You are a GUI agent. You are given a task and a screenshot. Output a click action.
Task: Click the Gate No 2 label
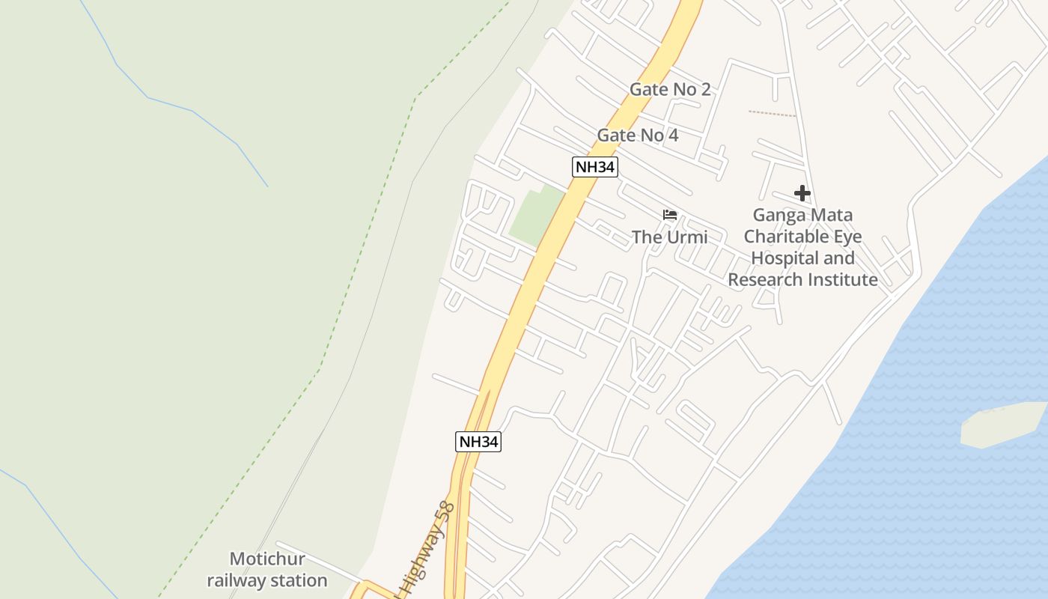click(669, 89)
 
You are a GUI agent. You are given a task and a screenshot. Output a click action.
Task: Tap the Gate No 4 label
click(637, 136)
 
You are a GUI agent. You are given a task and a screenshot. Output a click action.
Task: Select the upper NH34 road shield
click(594, 167)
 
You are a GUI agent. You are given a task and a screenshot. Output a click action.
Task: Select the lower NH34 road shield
click(478, 442)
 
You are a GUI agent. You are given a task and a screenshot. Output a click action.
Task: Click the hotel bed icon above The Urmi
click(669, 216)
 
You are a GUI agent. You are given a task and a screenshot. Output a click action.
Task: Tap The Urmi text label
click(669, 237)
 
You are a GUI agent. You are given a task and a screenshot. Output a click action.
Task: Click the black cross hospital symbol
click(802, 193)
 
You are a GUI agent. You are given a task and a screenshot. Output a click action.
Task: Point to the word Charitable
click(791, 237)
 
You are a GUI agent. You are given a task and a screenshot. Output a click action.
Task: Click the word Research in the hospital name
click(764, 280)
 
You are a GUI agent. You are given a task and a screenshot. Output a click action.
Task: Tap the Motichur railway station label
click(267, 570)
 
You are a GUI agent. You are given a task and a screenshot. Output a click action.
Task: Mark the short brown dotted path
click(772, 114)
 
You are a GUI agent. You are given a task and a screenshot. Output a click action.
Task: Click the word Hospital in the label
click(782, 258)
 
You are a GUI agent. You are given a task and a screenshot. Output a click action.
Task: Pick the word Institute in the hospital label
click(844, 280)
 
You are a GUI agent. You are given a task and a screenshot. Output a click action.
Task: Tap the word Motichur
click(267, 559)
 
